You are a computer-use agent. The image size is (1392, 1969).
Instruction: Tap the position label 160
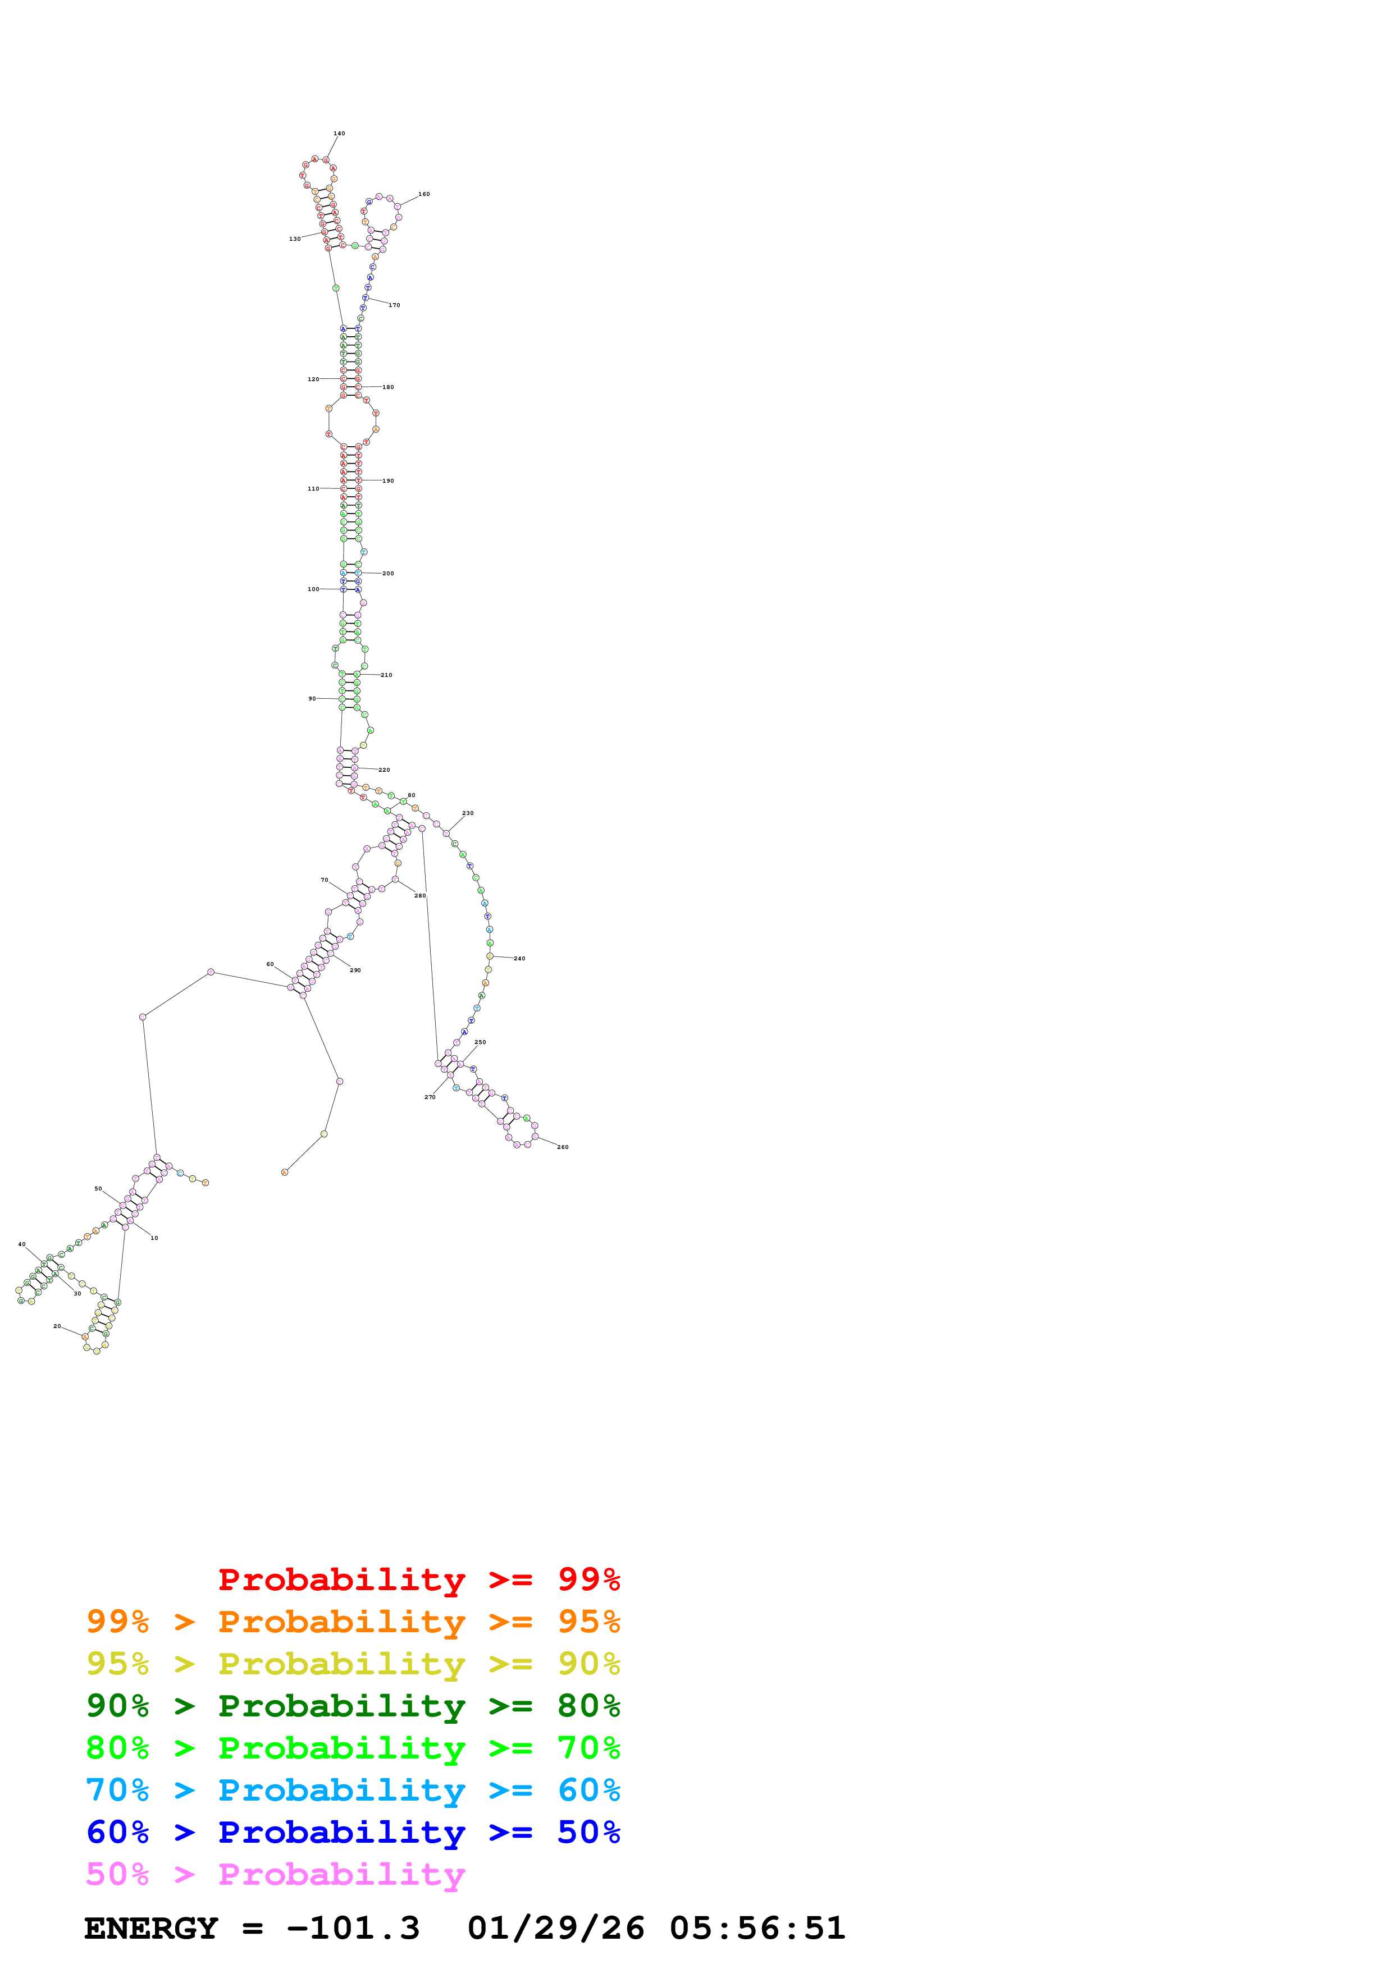click(x=424, y=195)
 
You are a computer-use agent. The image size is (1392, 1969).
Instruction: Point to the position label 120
click(x=313, y=379)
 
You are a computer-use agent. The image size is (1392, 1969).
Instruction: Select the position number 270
click(x=430, y=1098)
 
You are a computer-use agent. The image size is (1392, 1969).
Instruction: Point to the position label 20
click(x=57, y=1327)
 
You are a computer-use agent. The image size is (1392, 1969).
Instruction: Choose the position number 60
click(x=270, y=965)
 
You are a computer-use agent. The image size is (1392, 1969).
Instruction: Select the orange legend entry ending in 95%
click(x=353, y=1622)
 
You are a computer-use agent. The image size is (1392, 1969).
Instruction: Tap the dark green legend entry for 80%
click(x=353, y=1706)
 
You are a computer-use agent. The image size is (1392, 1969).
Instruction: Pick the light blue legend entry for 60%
click(x=353, y=1790)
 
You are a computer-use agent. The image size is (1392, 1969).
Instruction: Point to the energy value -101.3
click(x=353, y=1929)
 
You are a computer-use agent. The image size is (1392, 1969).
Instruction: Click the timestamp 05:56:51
click(x=757, y=1929)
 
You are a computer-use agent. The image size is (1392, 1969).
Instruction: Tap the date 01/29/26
click(x=556, y=1929)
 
